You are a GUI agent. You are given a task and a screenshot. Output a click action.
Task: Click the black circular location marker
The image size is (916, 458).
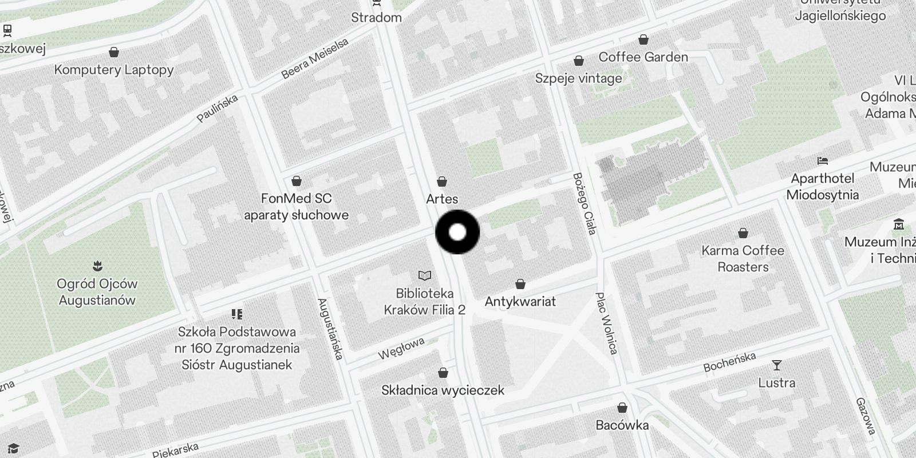point(457,232)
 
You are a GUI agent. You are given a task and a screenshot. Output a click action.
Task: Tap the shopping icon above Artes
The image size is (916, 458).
point(442,182)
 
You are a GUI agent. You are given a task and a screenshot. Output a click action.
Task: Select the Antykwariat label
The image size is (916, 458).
point(520,301)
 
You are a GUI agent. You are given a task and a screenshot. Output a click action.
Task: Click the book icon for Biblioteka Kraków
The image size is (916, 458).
point(424,277)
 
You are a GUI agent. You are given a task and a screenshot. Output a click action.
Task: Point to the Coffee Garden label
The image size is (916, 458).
point(643,57)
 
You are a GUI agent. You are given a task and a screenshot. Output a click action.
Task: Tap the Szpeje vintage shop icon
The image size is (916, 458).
point(579,61)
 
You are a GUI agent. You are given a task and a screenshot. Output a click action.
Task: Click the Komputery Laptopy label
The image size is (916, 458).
point(114,70)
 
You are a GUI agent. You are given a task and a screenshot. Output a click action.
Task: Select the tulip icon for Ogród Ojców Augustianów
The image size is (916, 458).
point(97,266)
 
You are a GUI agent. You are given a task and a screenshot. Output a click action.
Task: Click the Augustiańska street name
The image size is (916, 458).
point(330,329)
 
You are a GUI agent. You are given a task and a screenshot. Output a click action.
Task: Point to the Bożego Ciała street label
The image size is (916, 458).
point(585,203)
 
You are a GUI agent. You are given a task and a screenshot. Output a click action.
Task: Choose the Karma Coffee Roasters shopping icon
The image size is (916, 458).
point(743,233)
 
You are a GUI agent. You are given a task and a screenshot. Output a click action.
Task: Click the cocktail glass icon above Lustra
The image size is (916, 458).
point(776,365)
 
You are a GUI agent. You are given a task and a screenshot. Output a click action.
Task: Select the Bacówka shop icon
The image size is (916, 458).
point(622,408)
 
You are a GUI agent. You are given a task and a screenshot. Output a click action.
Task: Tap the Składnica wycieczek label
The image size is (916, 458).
point(443,390)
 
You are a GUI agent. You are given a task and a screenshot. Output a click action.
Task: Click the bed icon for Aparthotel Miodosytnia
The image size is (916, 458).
point(823,161)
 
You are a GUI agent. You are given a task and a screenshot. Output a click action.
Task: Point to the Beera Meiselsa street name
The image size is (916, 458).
point(315,59)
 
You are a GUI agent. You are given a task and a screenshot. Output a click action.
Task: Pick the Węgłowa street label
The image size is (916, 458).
point(401,348)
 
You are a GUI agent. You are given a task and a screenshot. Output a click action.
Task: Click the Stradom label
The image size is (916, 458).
point(376,18)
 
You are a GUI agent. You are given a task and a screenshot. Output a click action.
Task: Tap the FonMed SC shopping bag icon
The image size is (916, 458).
point(297,181)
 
